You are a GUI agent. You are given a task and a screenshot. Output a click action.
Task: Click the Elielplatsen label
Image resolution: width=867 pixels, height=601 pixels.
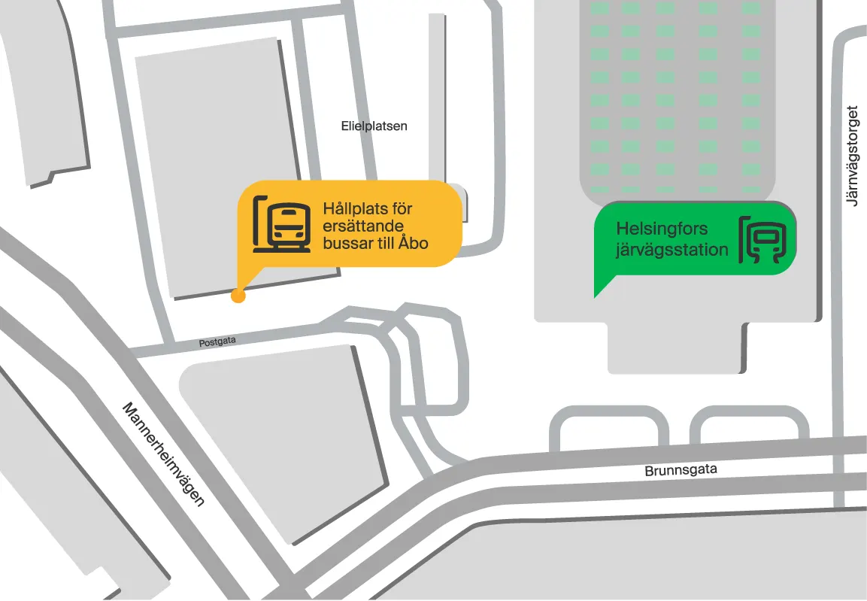(x=374, y=126)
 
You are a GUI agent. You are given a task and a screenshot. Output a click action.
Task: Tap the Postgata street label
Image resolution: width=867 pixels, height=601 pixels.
(x=217, y=341)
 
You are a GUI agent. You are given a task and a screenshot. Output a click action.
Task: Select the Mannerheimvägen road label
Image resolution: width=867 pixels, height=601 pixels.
(x=163, y=454)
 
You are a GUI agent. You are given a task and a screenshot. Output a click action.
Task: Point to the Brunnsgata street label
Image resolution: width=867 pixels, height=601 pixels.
(x=681, y=470)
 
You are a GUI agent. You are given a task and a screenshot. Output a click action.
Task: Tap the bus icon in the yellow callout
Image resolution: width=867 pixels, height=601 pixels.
(x=282, y=223)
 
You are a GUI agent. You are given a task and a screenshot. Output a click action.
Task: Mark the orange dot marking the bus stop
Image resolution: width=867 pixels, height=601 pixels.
(x=238, y=296)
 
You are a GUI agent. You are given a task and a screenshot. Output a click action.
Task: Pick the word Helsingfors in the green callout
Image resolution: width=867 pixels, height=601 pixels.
(x=662, y=229)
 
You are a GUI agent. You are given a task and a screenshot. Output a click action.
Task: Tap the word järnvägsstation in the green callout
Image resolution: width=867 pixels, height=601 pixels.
(x=672, y=250)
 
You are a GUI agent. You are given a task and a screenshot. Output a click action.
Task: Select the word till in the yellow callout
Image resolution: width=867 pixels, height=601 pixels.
(x=387, y=243)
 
